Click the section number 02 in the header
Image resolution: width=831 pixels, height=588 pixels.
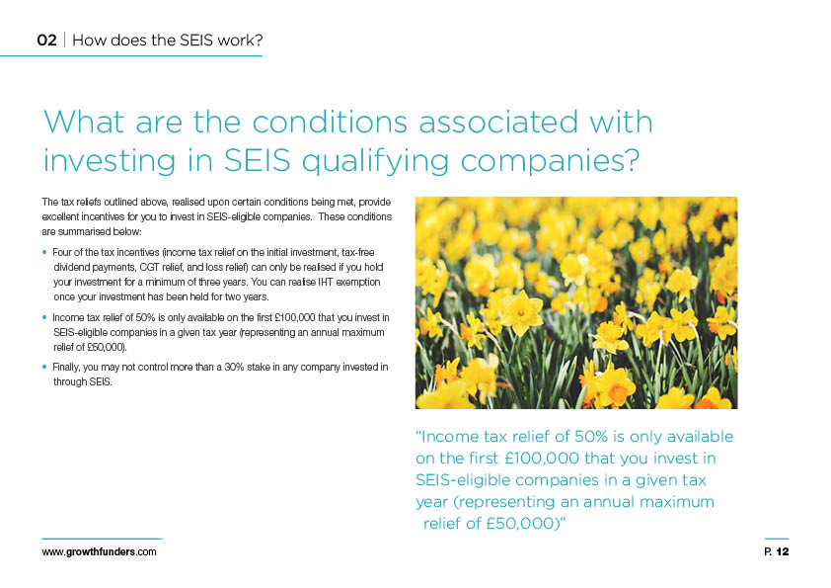[x=46, y=41]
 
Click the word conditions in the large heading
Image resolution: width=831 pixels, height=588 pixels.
[x=329, y=122]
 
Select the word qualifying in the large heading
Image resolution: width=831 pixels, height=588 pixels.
[x=375, y=161]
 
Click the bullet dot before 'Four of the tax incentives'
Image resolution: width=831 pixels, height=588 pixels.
[x=44, y=253]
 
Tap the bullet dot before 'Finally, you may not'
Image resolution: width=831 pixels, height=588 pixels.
[x=44, y=367]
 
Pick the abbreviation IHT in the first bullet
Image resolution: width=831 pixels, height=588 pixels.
[x=326, y=282]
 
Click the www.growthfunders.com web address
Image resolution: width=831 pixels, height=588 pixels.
[x=99, y=551]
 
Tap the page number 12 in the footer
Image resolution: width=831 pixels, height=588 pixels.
[x=783, y=551]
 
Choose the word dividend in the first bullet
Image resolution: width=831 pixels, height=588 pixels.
[x=72, y=267]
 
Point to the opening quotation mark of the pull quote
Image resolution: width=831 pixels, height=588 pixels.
[x=418, y=433]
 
